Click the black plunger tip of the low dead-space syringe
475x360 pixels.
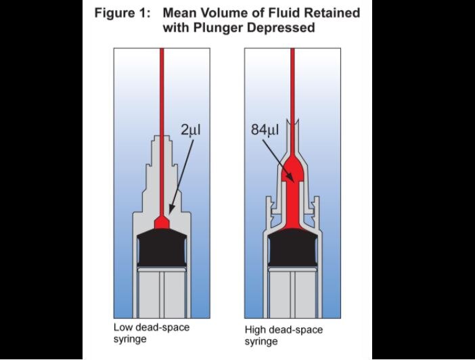(x=161, y=248)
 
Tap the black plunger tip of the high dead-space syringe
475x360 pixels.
(x=292, y=248)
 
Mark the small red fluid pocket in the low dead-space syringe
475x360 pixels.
(x=162, y=223)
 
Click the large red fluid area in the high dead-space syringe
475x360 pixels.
(x=292, y=196)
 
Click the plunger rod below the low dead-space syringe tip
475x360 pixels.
(x=161, y=291)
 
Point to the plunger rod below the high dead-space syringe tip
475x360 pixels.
(x=292, y=291)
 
